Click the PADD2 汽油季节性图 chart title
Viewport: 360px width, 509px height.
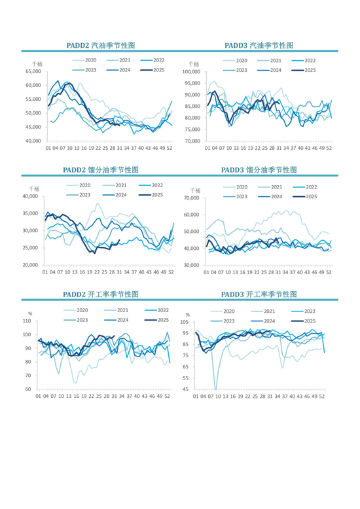(100, 45)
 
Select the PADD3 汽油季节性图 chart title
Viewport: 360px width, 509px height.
(259, 45)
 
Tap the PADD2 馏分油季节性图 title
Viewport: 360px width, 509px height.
(101, 169)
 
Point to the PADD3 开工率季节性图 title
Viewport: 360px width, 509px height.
(259, 294)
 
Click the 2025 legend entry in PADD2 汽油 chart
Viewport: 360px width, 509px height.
(153, 70)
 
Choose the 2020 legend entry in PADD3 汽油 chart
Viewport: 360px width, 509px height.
(235, 61)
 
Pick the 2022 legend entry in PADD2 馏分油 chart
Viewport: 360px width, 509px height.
(151, 185)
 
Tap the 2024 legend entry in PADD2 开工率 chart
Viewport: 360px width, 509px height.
(117, 320)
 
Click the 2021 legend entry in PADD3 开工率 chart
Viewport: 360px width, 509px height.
(263, 311)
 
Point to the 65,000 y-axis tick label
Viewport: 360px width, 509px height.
(33, 71)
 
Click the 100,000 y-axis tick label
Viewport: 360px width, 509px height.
(191, 72)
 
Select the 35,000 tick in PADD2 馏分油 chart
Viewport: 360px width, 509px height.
(30, 213)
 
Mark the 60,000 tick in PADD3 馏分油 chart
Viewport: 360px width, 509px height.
(191, 215)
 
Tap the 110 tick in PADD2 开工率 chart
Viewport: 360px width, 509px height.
(27, 321)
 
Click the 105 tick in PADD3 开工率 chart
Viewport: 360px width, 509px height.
(185, 322)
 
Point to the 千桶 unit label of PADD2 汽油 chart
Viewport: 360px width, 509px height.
(37, 64)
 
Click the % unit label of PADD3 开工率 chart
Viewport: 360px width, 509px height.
(188, 315)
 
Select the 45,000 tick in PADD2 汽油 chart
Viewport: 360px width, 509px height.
(33, 127)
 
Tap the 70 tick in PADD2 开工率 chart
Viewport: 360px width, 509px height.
(28, 376)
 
